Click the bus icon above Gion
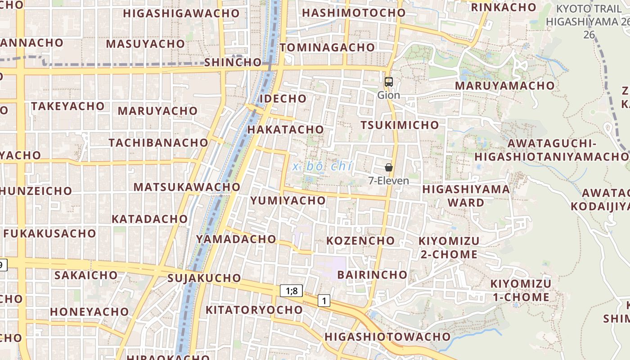coord(389,82)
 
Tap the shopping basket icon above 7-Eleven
coord(389,167)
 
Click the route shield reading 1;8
coord(292,291)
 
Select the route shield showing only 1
coord(324,301)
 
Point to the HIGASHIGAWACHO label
coord(181,13)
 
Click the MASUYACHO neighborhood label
coord(145,44)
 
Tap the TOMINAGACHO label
coord(327,47)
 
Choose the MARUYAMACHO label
coord(504,85)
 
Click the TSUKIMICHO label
coord(400,125)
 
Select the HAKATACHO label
coord(286,130)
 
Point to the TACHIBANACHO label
coord(158,143)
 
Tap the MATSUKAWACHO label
coord(187,187)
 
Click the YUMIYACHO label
coord(288,200)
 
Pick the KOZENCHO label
coord(360,241)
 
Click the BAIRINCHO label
coord(372,274)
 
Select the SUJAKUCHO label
coord(204,278)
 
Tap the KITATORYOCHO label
coord(254,310)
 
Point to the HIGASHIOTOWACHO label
coord(387,337)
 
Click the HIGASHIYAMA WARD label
coord(466,196)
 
